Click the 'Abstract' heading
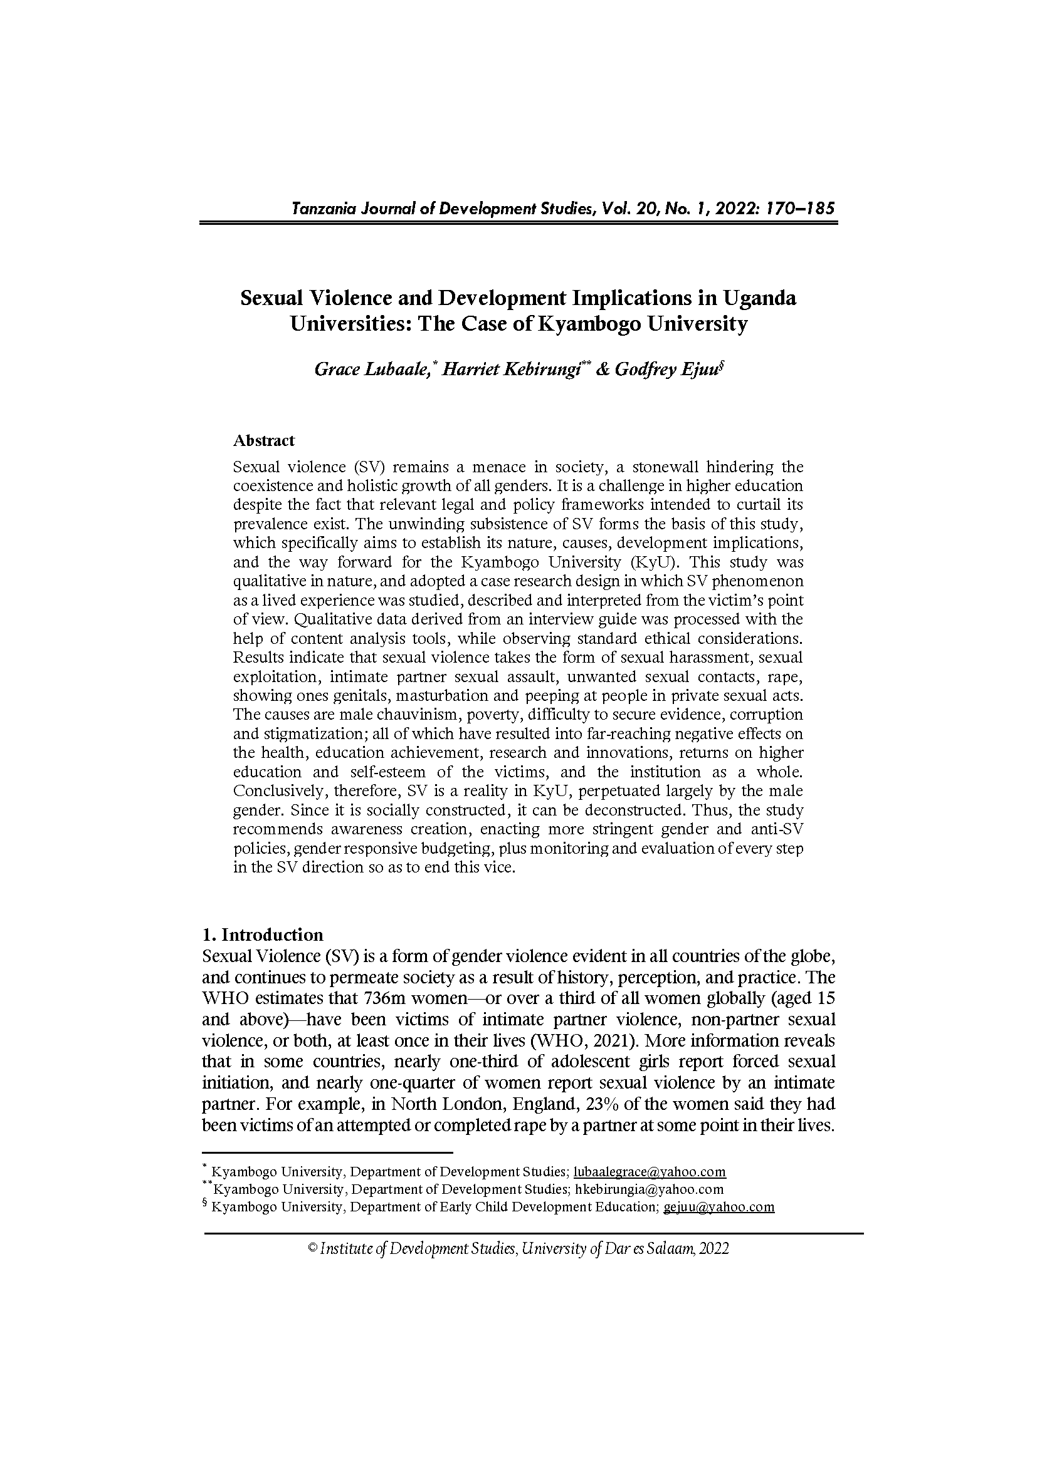[264, 440]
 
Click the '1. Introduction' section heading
[263, 934]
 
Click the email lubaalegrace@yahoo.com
[650, 1172]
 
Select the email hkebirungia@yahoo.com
[650, 1189]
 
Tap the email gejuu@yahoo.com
[719, 1207]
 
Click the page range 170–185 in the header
[798, 208]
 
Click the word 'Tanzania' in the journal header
[319, 208]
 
